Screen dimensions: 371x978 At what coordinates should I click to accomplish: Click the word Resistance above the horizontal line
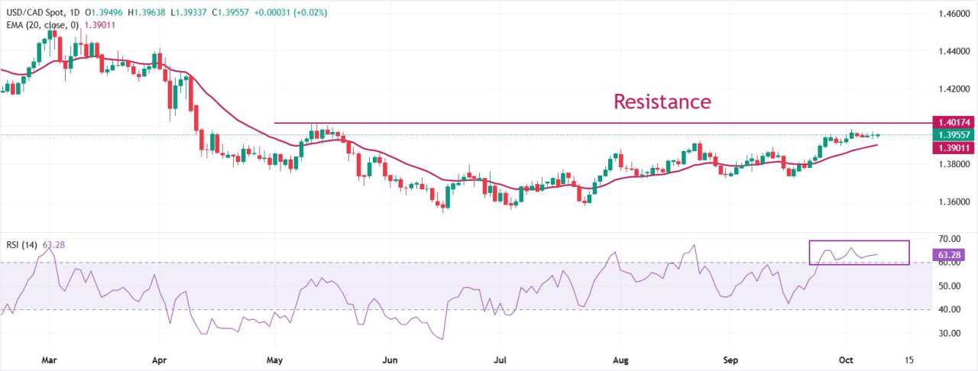coord(662,102)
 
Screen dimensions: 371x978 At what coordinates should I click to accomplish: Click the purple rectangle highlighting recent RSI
coord(859,252)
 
